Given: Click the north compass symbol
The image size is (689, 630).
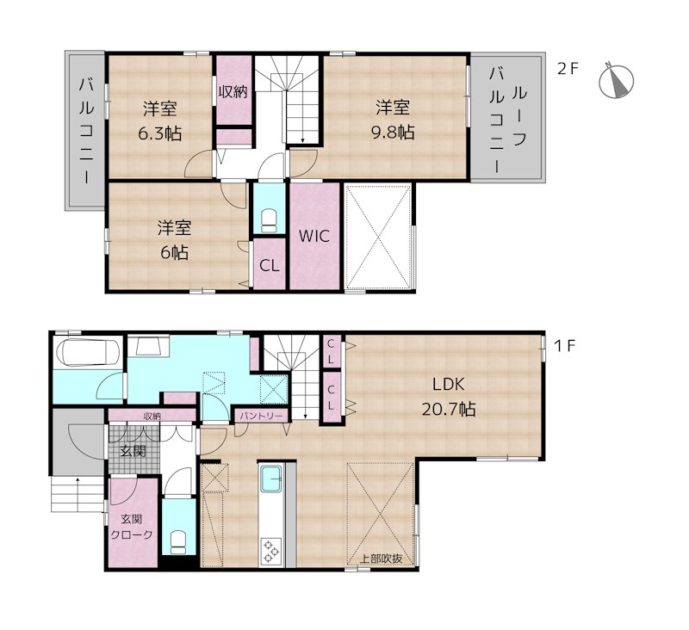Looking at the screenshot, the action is pyautogui.click(x=616, y=81).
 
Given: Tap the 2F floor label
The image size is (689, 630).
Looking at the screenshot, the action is pyautogui.click(x=568, y=69).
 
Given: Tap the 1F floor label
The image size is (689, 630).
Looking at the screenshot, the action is pyautogui.click(x=565, y=346).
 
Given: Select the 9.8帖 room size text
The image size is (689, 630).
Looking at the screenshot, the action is pyautogui.click(x=393, y=132).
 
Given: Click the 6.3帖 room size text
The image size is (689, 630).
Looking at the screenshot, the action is pyautogui.click(x=160, y=133).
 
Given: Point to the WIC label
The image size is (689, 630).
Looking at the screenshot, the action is pyautogui.click(x=314, y=236).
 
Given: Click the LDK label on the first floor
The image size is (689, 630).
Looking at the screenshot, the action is pyautogui.click(x=448, y=385).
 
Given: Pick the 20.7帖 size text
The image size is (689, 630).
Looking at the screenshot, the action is pyautogui.click(x=449, y=410).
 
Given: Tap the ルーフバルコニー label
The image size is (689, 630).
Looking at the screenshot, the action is pyautogui.click(x=508, y=120).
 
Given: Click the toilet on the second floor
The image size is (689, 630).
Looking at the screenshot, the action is pyautogui.click(x=269, y=220).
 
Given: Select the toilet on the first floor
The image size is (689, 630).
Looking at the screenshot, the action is pyautogui.click(x=178, y=542).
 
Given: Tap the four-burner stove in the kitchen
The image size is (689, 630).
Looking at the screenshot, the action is pyautogui.click(x=270, y=551).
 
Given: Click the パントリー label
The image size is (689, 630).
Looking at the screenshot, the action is pyautogui.click(x=261, y=415).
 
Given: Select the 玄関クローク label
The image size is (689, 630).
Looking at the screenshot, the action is pyautogui.click(x=132, y=527).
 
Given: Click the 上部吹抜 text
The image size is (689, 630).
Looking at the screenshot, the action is pyautogui.click(x=381, y=559).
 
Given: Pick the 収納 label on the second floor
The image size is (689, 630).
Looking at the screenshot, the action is pyautogui.click(x=233, y=92).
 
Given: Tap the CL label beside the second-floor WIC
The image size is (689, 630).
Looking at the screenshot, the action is pyautogui.click(x=269, y=266).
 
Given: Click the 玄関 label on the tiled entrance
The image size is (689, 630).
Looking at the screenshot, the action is pyautogui.click(x=133, y=451).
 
